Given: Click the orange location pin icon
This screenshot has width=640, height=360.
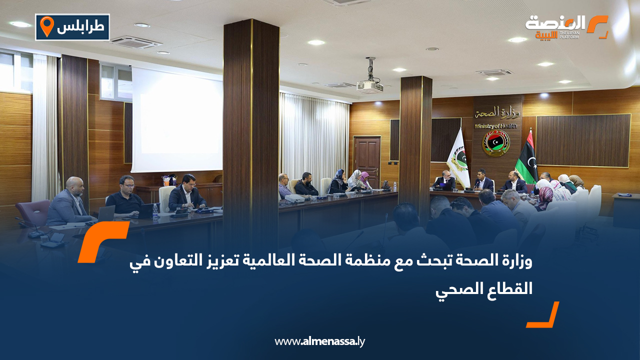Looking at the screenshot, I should pyautogui.click(x=46, y=26).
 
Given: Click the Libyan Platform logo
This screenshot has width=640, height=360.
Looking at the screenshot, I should pyautogui.click(x=566, y=27).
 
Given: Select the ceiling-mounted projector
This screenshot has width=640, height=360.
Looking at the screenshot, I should pyautogui.click(x=370, y=85).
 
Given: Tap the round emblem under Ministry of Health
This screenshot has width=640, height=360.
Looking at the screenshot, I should pyautogui.click(x=495, y=143).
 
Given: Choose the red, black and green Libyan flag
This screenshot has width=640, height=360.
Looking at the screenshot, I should pyautogui.click(x=527, y=157).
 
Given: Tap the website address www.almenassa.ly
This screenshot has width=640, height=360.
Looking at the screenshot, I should pyautogui.click(x=320, y=341).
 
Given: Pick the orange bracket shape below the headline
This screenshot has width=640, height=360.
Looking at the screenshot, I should pyautogui.click(x=544, y=316).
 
